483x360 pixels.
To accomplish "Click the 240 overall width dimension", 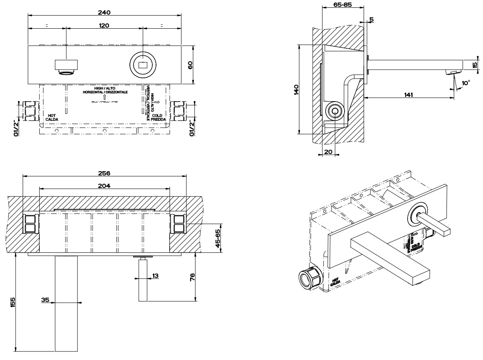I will coord(104,12).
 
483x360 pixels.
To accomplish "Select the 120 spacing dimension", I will coord(104,25).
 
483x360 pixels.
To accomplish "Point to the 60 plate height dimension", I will coord(190,65).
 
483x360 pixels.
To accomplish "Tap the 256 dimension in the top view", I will coord(104,173).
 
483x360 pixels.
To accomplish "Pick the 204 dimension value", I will coord(104,186).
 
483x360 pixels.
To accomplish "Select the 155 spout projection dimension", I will coord(13,302).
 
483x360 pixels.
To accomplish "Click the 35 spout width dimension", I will coord(45,300).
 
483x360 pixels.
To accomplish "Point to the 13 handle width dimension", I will coord(155,276).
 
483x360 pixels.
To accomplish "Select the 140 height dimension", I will coord(296,89).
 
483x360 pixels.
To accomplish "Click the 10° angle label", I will coord(465,83).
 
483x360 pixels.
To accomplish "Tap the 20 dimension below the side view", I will coord(327,151).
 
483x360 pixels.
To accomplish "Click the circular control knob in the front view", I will coord(143,65).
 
